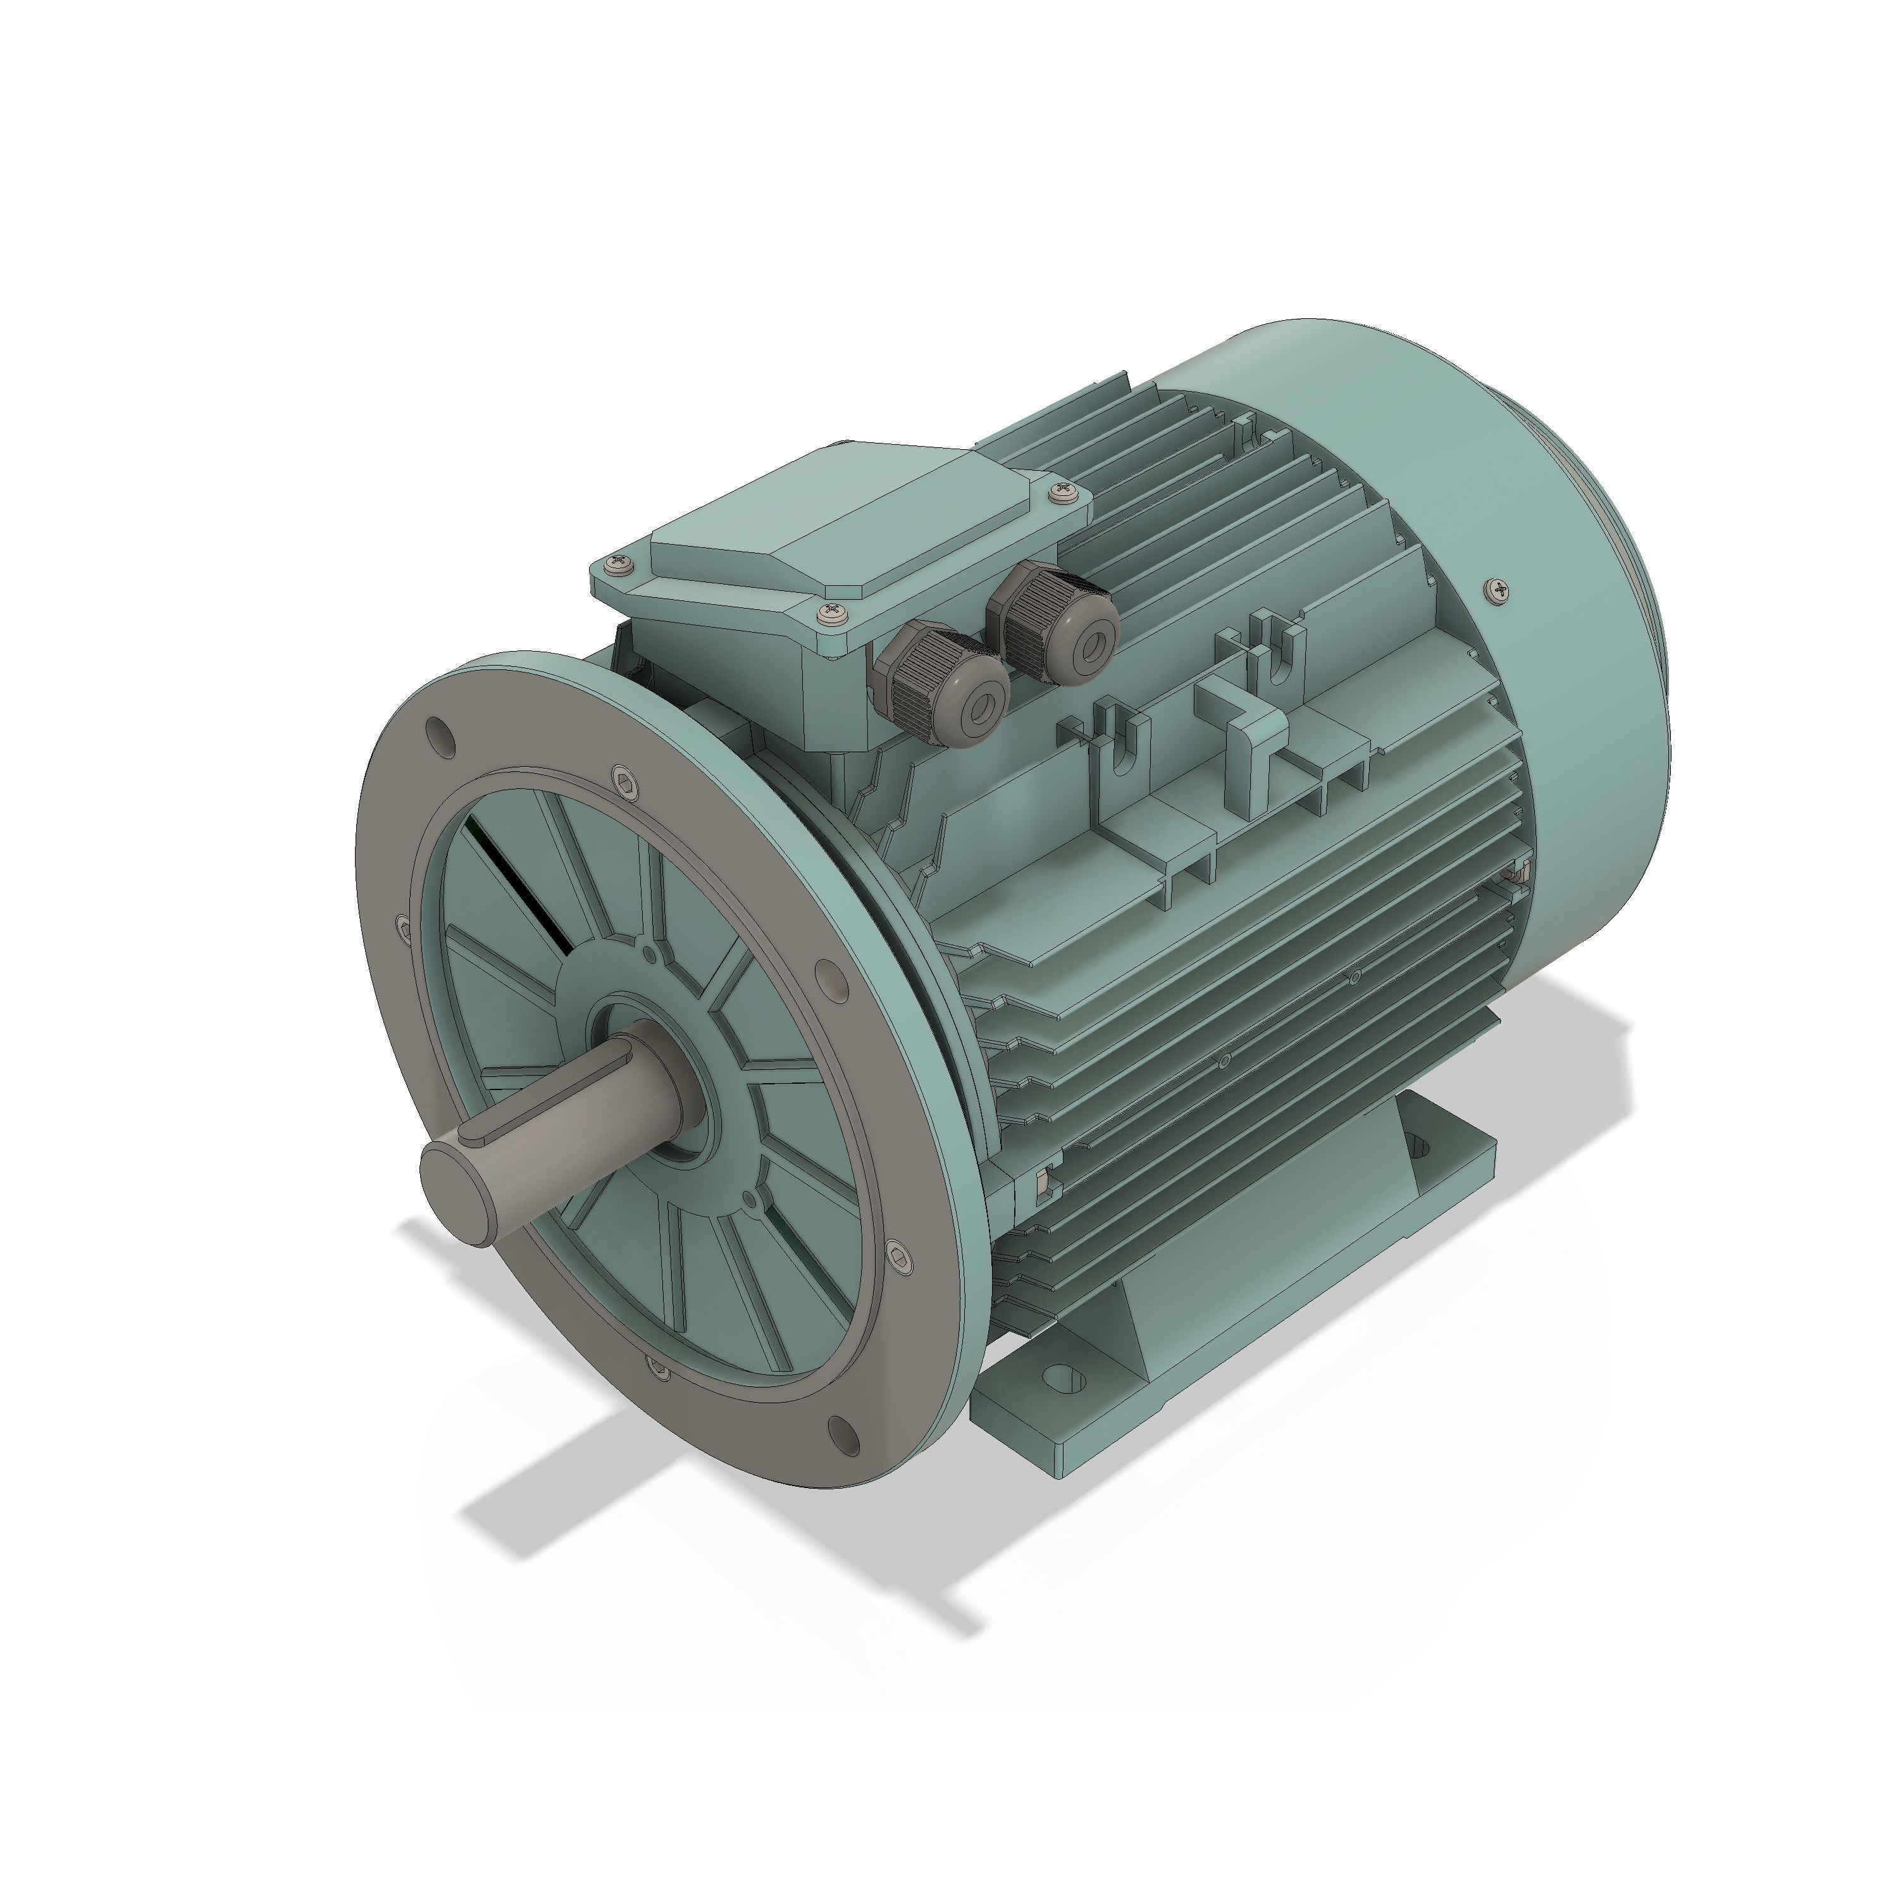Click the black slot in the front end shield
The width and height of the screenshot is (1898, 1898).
pos(521,885)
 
